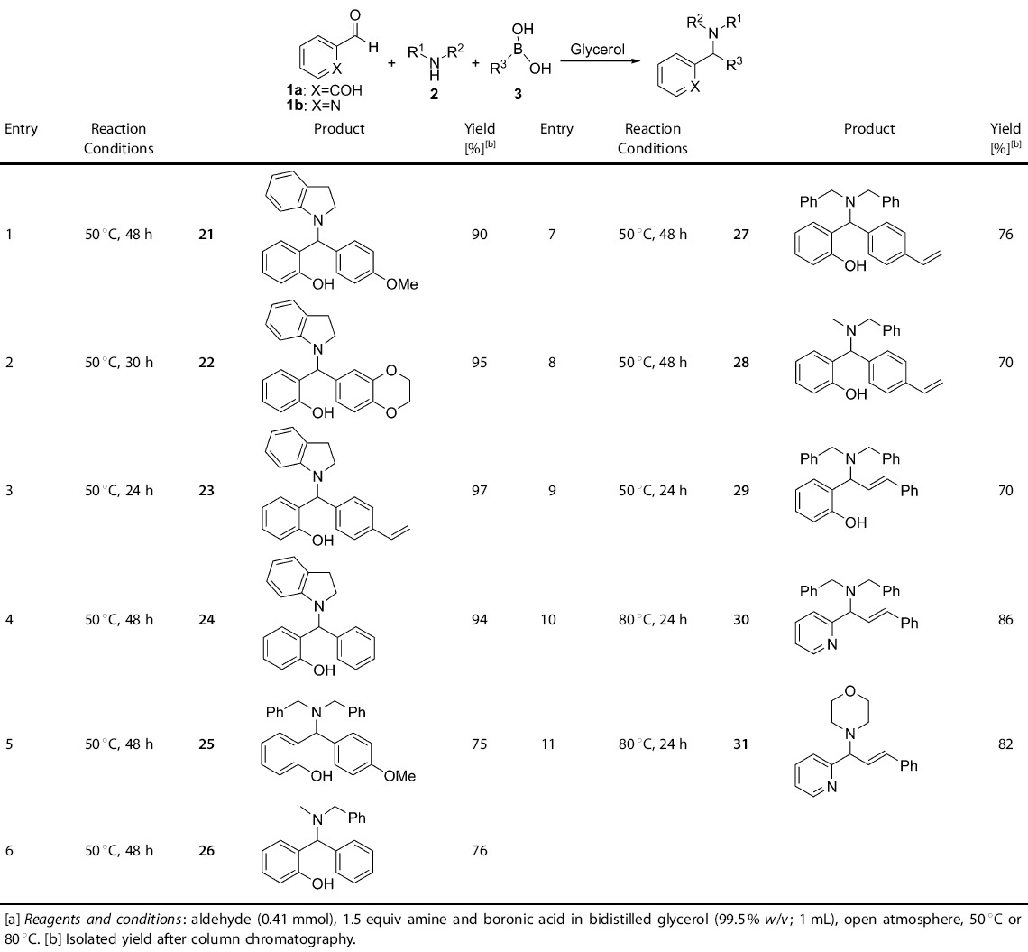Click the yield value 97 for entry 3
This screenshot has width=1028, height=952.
[x=479, y=491]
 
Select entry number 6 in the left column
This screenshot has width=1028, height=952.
[x=9, y=849]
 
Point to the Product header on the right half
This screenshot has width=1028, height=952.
[x=869, y=129]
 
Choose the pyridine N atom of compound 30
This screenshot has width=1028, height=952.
[x=831, y=645]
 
